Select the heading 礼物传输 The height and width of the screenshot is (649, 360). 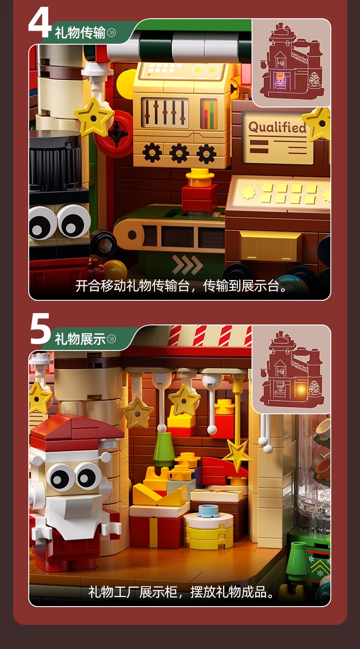[80, 33]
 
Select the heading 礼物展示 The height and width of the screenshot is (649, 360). [80, 339]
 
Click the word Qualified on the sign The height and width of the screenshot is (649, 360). [277, 127]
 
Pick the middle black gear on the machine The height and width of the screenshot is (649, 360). [179, 153]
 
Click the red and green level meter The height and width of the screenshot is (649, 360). [209, 113]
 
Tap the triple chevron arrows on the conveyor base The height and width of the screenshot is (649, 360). [187, 264]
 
